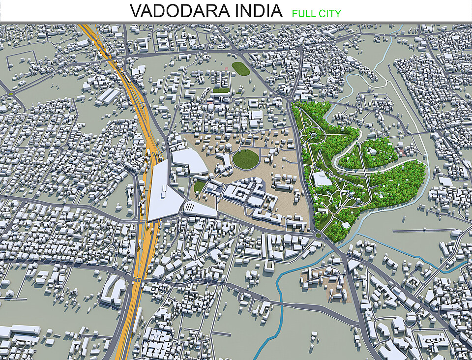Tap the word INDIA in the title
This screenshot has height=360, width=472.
(x=258, y=11)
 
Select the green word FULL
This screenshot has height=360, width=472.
(x=304, y=13)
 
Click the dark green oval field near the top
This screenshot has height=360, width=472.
(x=240, y=68)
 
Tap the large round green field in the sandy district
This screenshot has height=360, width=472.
(x=245, y=158)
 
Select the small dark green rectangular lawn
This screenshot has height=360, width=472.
(x=221, y=90)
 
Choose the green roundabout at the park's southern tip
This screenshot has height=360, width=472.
(x=318, y=235)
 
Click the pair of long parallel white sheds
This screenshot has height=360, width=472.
(x=105, y=95)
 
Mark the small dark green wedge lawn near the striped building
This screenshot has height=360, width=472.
(x=199, y=186)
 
